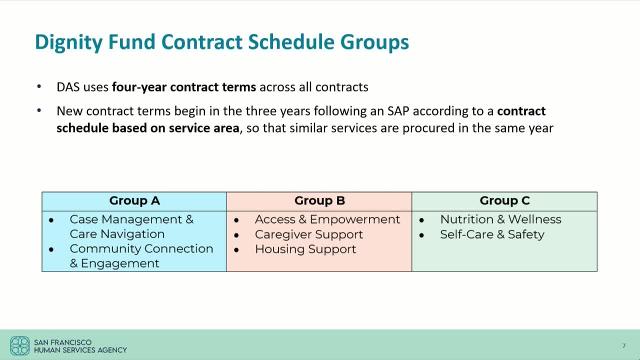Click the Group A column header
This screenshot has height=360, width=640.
[x=134, y=201]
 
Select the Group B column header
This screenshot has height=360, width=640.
[x=319, y=201]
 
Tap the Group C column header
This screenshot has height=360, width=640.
[x=504, y=201]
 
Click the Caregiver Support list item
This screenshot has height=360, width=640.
[x=308, y=234]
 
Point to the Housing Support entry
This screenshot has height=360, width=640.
[x=305, y=249]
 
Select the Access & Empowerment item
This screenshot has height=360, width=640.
[x=327, y=219]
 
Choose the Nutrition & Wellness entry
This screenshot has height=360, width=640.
[x=500, y=219]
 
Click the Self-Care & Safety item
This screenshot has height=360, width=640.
[x=491, y=234]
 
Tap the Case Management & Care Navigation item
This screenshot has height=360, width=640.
[x=131, y=226]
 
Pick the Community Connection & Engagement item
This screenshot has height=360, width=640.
[x=141, y=256]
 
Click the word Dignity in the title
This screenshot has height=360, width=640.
[x=69, y=42]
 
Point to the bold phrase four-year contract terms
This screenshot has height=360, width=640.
[x=183, y=87]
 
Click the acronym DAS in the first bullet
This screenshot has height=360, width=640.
[x=68, y=87]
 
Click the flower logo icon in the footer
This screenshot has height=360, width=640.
[x=20, y=346]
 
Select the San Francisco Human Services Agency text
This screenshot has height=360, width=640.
[x=80, y=346]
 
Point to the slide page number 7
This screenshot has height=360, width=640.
[x=623, y=346]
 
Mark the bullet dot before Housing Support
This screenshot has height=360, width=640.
[x=236, y=249]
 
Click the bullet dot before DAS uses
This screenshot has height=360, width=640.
[x=39, y=87]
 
